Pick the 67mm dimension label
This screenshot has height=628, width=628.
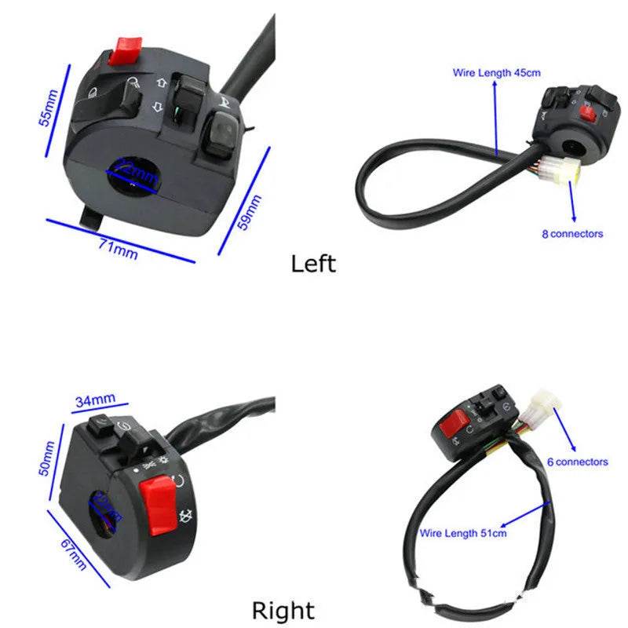pyautogui.click(x=72, y=555)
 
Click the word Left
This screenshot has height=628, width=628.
pyautogui.click(x=313, y=264)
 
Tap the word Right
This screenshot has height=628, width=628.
pyautogui.click(x=283, y=610)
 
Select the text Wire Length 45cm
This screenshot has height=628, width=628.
pyautogui.click(x=496, y=73)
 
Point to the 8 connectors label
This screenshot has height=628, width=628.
pyautogui.click(x=572, y=234)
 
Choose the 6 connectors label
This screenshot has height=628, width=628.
pyautogui.click(x=577, y=462)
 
